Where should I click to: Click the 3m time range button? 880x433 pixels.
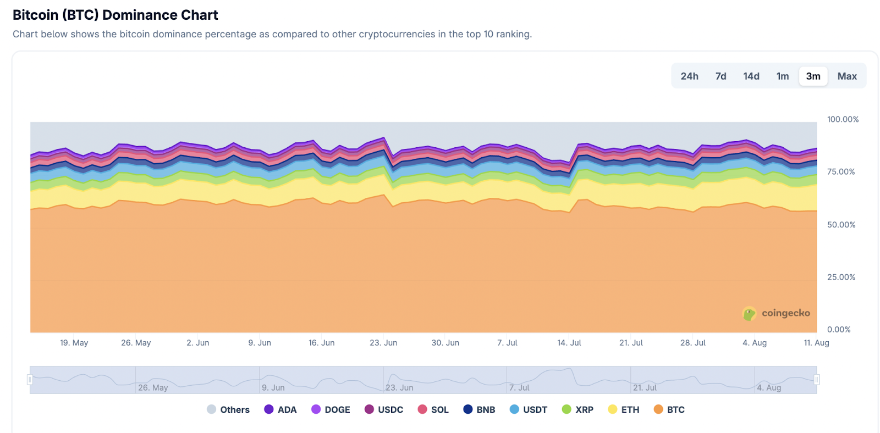pyautogui.click(x=813, y=76)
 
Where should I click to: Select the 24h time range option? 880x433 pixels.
pyautogui.click(x=689, y=76)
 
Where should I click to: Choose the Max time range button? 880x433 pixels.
pyautogui.click(x=847, y=76)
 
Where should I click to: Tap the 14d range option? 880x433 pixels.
pyautogui.click(x=751, y=76)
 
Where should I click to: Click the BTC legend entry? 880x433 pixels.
pyautogui.click(x=669, y=409)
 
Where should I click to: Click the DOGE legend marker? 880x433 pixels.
pyautogui.click(x=316, y=409)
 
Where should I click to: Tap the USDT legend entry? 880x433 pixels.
pyautogui.click(x=529, y=409)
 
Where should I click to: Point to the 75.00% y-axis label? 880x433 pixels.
pyautogui.click(x=841, y=171)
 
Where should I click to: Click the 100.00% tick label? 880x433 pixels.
pyautogui.click(x=843, y=119)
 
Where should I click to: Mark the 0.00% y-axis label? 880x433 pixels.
pyautogui.click(x=839, y=329)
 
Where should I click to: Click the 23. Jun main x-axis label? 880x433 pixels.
pyautogui.click(x=383, y=342)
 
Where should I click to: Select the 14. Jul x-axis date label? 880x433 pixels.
pyautogui.click(x=569, y=342)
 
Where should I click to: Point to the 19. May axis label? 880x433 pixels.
pyautogui.click(x=74, y=342)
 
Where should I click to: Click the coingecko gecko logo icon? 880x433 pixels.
pyautogui.click(x=749, y=313)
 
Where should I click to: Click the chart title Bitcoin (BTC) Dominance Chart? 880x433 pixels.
pyautogui.click(x=116, y=15)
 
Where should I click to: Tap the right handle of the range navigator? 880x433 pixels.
pyautogui.click(x=817, y=380)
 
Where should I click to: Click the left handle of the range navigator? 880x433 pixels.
pyautogui.click(x=30, y=380)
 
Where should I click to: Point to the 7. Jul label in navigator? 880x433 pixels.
pyautogui.click(x=519, y=387)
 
